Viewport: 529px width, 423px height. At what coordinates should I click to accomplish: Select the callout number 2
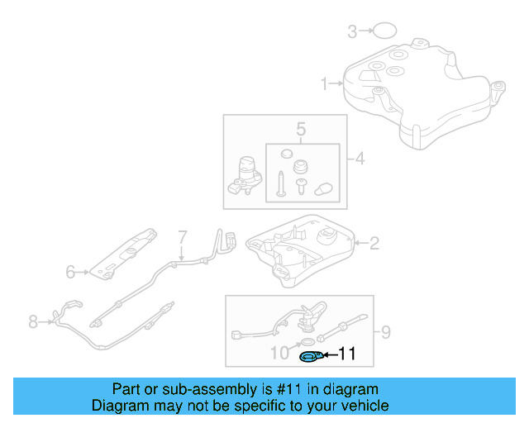[x=374, y=243]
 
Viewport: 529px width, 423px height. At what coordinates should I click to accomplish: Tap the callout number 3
[x=352, y=32]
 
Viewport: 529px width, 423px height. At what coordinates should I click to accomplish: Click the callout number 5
[x=301, y=130]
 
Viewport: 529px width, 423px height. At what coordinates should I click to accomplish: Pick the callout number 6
[x=70, y=270]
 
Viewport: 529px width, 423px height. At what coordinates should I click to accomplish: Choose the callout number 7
[x=183, y=237]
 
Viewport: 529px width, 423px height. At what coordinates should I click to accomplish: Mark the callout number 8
[x=33, y=321]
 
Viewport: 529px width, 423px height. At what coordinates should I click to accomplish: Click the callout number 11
[x=347, y=354]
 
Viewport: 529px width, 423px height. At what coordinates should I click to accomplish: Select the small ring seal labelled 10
[x=306, y=342]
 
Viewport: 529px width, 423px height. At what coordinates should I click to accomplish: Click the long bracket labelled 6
[x=124, y=252]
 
